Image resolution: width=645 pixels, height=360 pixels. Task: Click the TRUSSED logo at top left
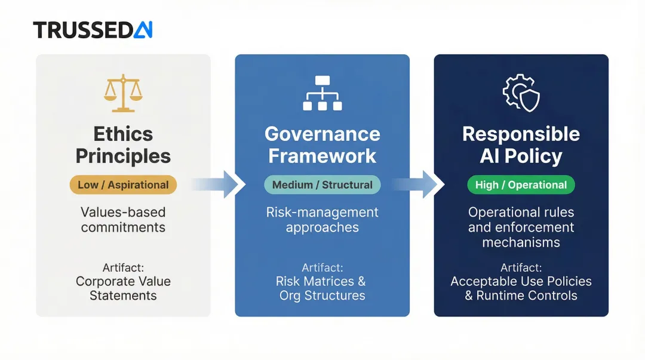click(x=93, y=30)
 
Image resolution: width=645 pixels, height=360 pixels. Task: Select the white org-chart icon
click(x=322, y=93)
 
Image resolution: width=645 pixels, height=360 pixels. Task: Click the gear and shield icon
click(x=521, y=93)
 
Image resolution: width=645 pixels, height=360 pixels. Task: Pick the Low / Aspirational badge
click(x=123, y=185)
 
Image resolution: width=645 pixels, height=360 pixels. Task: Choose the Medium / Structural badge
click(x=322, y=185)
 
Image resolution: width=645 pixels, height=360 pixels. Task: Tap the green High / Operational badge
click(x=521, y=185)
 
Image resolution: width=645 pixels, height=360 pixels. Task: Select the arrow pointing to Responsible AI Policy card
click(x=421, y=184)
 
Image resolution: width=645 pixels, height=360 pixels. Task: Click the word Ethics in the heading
click(x=123, y=134)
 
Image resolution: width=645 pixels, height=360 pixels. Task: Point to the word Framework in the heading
click(x=322, y=156)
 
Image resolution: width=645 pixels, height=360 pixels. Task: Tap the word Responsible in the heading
click(x=521, y=134)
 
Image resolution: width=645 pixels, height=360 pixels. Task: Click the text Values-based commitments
click(x=123, y=220)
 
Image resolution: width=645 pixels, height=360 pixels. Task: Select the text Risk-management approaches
click(x=322, y=220)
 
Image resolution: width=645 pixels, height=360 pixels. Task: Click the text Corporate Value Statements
click(x=123, y=288)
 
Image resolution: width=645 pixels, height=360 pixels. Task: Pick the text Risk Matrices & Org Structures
click(x=322, y=288)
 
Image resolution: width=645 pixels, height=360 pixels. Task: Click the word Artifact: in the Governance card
click(x=322, y=267)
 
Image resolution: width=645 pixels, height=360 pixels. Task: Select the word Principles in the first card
click(x=123, y=156)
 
